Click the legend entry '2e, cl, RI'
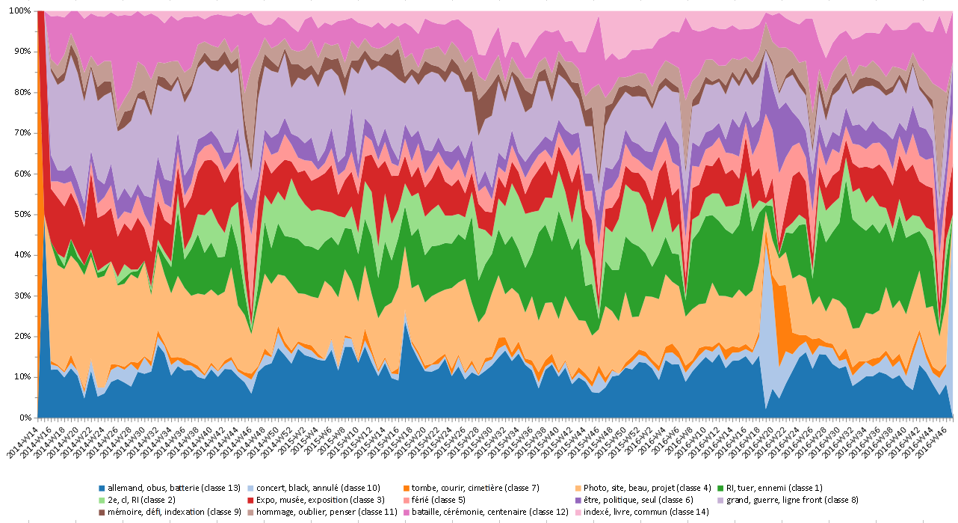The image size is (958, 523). click(x=146, y=500)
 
